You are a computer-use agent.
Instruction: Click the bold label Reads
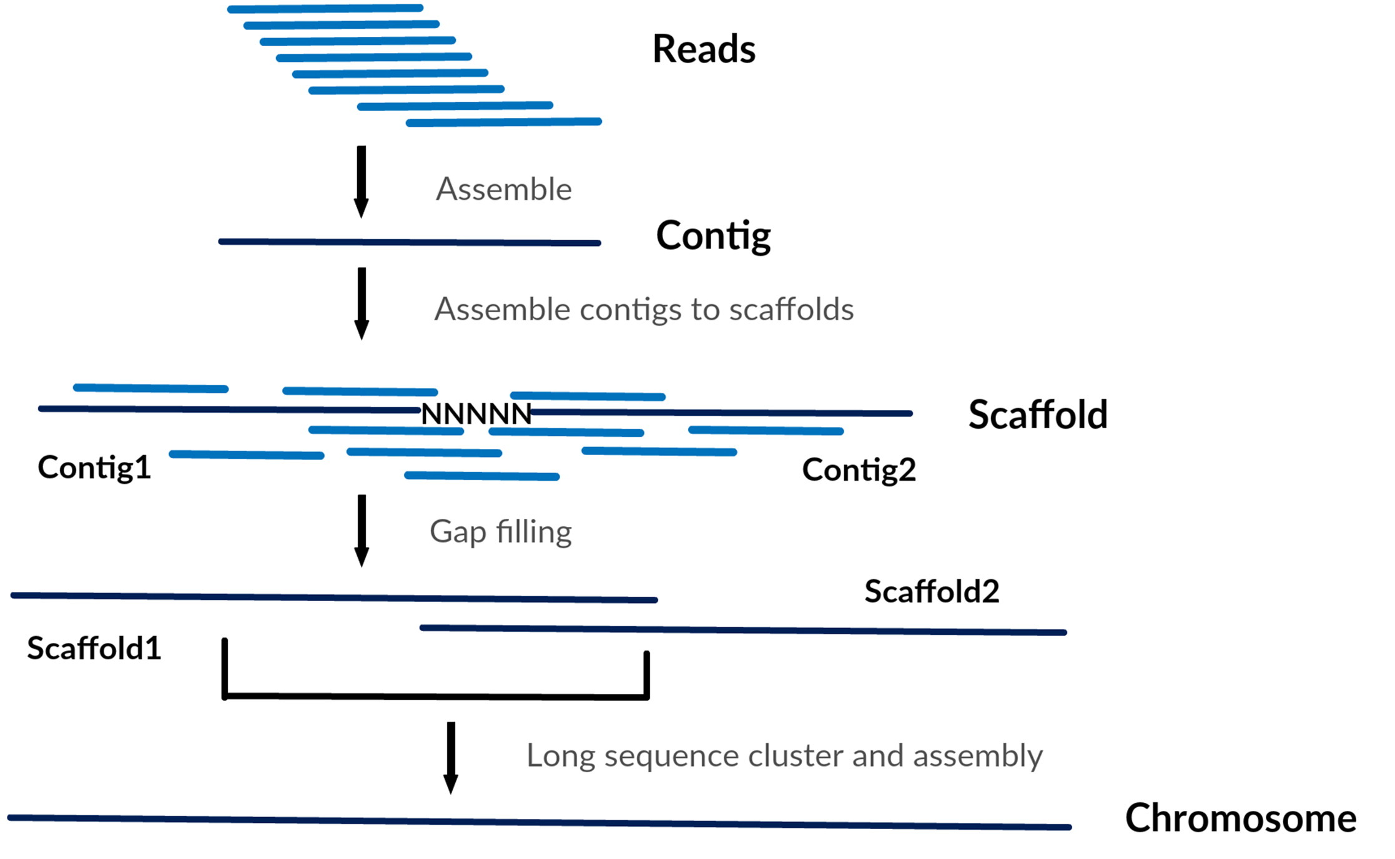coord(704,49)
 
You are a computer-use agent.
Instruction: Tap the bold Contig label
coord(713,236)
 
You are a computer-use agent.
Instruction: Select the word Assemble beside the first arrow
coord(503,189)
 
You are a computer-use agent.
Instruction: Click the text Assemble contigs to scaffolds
coord(644,310)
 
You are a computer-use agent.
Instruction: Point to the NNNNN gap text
coord(476,414)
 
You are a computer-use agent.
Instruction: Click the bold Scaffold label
coord(1037,415)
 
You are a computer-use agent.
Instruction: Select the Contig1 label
coord(94,468)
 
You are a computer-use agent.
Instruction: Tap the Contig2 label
coord(859,470)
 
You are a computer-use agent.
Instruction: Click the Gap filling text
coord(500,533)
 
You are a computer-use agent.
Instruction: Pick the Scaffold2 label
coord(931,591)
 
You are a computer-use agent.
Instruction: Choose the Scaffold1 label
coord(94,648)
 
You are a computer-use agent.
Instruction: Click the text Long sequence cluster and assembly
coord(784,756)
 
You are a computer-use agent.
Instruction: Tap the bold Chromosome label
coord(1240,818)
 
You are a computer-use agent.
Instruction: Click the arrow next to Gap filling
coord(362,531)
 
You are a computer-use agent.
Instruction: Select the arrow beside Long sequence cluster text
coord(451,757)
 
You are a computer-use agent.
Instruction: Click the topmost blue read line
coord(325,9)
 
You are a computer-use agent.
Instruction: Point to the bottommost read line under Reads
coord(503,122)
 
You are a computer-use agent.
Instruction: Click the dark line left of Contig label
coord(409,242)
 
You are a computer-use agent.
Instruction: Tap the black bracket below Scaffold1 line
coord(435,696)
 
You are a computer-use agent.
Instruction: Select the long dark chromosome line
coord(539,823)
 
